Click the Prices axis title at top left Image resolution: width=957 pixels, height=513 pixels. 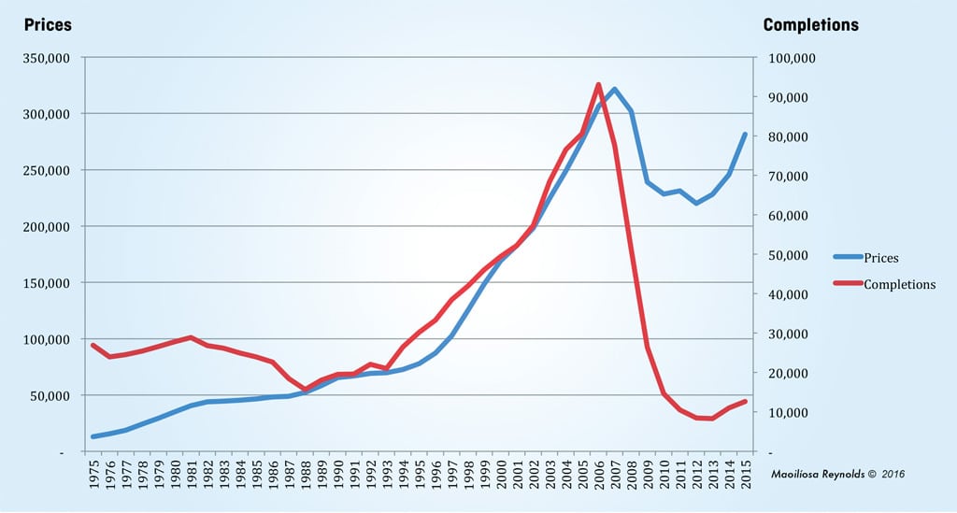(x=48, y=25)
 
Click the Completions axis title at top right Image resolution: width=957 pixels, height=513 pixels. (x=810, y=25)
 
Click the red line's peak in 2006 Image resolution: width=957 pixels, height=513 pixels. (x=598, y=84)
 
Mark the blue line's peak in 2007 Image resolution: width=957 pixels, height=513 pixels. (x=614, y=89)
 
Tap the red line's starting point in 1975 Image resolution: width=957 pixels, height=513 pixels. (x=93, y=345)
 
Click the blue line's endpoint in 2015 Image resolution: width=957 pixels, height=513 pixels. (x=745, y=135)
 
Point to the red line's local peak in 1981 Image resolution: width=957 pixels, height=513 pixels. (x=191, y=337)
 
